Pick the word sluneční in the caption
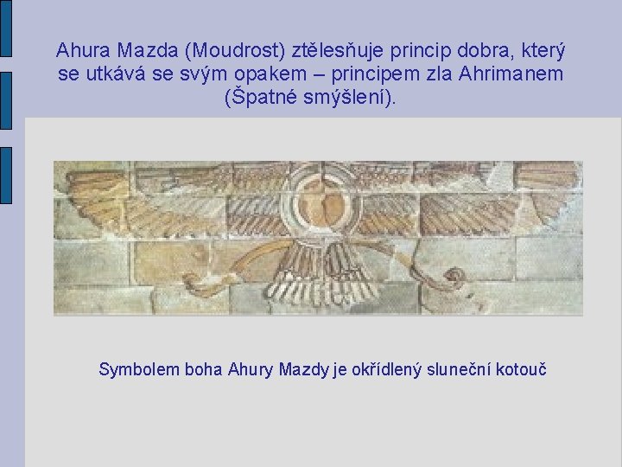pos(459,370)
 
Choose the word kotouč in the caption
pos(521,370)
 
